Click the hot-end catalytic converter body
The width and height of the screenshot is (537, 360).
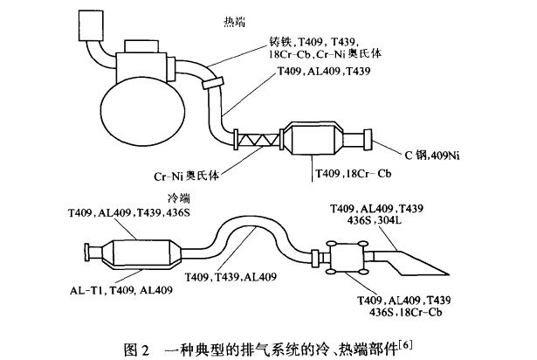pyautogui.click(x=324, y=140)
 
